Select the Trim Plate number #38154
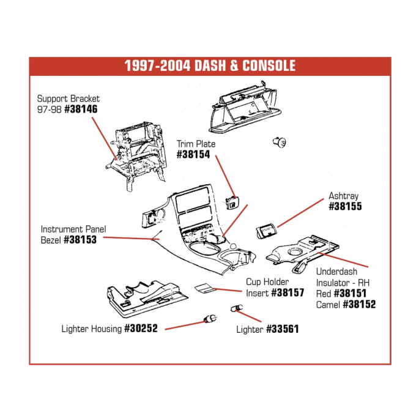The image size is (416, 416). pos(193,155)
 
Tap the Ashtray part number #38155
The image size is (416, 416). pos(345,207)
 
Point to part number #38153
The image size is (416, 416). pos(82,240)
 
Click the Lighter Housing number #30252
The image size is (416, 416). pos(141,329)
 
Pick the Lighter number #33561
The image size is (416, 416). pos(282,329)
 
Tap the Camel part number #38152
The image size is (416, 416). pos(359,304)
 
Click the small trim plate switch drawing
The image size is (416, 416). pos(234,201)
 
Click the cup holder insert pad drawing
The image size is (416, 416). pos(205,288)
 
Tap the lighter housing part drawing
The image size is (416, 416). pos(208,318)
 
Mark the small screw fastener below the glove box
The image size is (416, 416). pos(278,142)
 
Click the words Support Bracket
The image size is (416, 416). pos(69,98)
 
